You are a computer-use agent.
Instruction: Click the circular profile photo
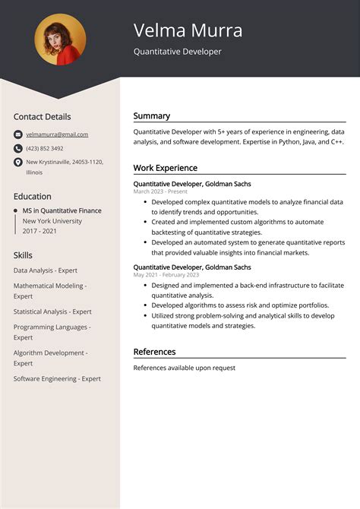60,40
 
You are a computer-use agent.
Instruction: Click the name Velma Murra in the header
188,30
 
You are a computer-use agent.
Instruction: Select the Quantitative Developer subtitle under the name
178,52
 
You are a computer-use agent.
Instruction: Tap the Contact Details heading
42,117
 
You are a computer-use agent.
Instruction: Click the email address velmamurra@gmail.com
57,134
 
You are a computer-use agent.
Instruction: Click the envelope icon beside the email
17,134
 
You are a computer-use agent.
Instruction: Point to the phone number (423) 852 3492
45,148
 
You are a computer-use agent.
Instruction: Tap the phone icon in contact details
17,148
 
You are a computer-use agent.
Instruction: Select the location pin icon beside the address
17,163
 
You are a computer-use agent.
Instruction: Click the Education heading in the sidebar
33,196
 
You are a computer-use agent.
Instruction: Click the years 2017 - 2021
41,230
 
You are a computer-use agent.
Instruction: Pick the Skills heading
24,255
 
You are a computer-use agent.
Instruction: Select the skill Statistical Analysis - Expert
52,311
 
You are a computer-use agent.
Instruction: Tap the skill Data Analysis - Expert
46,270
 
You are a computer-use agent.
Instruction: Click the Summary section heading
151,116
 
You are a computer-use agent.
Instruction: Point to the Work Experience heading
165,168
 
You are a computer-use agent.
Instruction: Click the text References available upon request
184,368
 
